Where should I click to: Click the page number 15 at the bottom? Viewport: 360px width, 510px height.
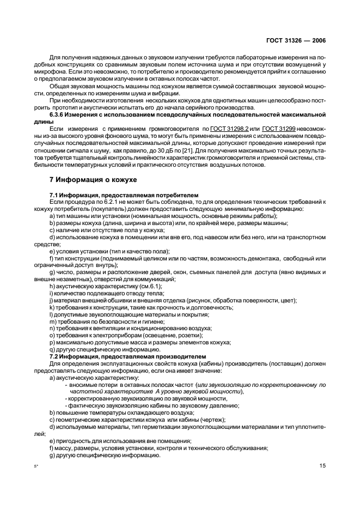point(322,465)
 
